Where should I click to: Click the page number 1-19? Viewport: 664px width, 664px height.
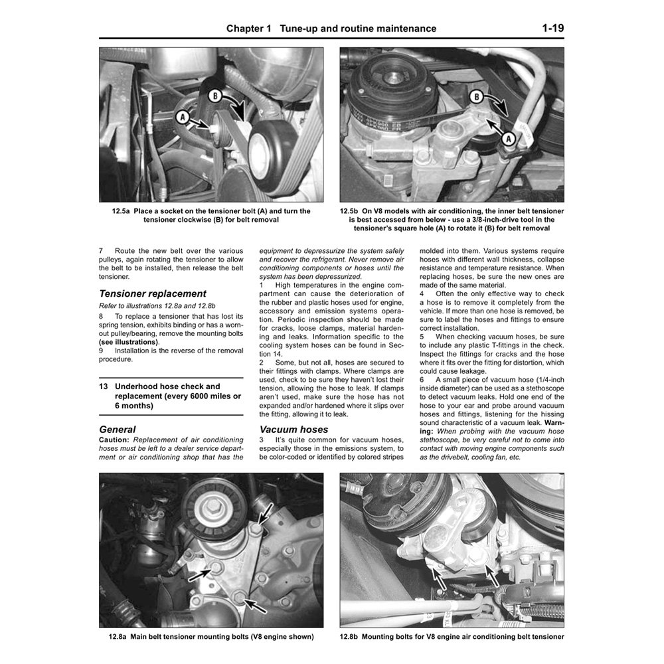click(x=552, y=29)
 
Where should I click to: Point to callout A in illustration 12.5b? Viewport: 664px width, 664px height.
click(x=507, y=139)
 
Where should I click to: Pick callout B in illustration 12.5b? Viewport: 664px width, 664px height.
click(x=475, y=98)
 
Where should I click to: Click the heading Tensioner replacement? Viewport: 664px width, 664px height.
click(x=152, y=293)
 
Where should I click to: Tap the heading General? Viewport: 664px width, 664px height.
click(x=117, y=430)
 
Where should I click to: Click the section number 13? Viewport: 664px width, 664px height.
click(x=104, y=386)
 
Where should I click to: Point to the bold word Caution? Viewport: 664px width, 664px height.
click(x=114, y=440)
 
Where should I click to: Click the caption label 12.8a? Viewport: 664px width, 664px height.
click(x=116, y=637)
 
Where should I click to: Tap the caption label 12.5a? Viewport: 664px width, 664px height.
click(x=124, y=210)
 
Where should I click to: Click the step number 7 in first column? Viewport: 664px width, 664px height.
click(x=101, y=251)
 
